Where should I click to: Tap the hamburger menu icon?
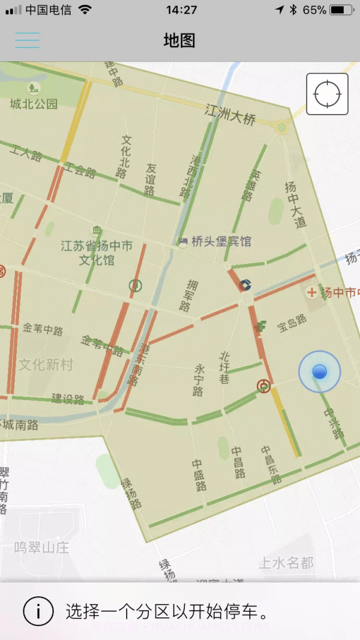[x=28, y=40]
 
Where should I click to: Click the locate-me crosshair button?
[x=327, y=94]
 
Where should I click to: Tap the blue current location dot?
[x=319, y=372]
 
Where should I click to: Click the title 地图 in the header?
[x=179, y=40]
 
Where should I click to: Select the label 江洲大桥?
[x=230, y=114]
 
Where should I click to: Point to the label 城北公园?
[x=34, y=103]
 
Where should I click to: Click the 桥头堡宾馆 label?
[x=221, y=241]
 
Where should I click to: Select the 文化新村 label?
[x=46, y=364]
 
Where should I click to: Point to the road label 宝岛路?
[x=292, y=323]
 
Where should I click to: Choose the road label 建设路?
[x=67, y=399]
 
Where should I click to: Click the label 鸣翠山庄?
[x=42, y=547]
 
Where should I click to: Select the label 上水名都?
[x=286, y=563]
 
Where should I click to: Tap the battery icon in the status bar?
[x=341, y=10]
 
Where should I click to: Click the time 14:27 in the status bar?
[x=181, y=10]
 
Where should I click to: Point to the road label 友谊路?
[x=150, y=179]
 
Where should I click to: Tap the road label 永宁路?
[x=199, y=380]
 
